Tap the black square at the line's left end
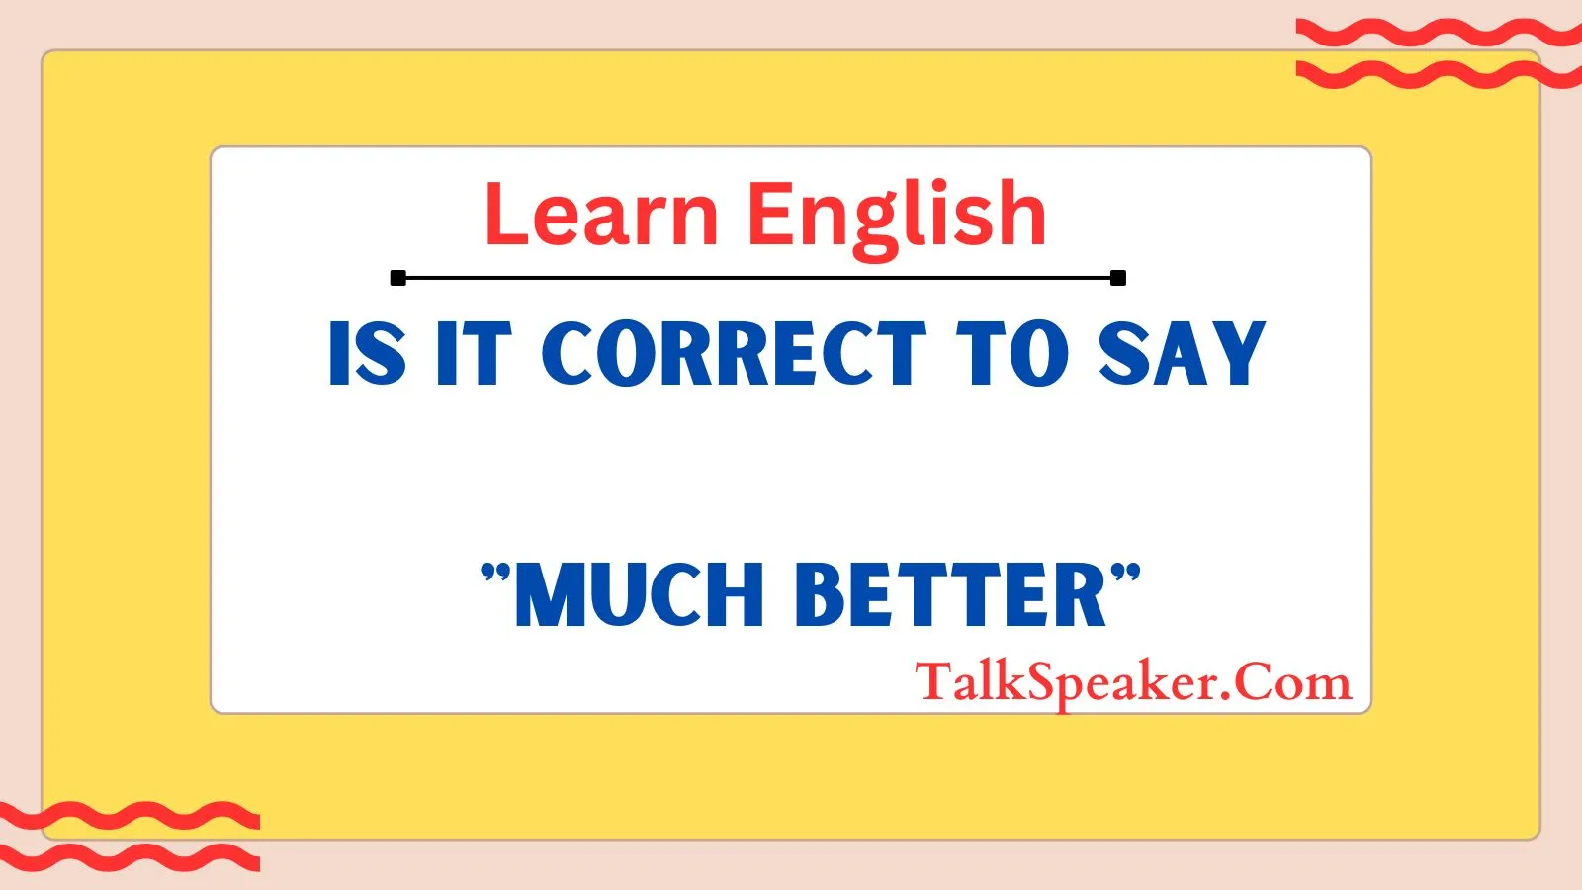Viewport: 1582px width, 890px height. click(x=398, y=278)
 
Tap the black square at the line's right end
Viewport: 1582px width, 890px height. click(x=1118, y=278)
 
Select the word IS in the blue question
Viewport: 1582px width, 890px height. click(x=368, y=352)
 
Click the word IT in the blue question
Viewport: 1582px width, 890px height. click(x=474, y=352)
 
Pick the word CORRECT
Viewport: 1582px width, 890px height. click(x=734, y=352)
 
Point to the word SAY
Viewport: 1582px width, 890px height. click(x=1182, y=352)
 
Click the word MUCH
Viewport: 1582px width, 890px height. click(x=640, y=594)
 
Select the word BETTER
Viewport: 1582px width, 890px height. click(x=951, y=594)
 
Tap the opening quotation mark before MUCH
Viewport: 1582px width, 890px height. click(x=495, y=574)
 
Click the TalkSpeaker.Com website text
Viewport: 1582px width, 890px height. click(x=1133, y=683)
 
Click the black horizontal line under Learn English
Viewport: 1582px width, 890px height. click(x=757, y=278)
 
